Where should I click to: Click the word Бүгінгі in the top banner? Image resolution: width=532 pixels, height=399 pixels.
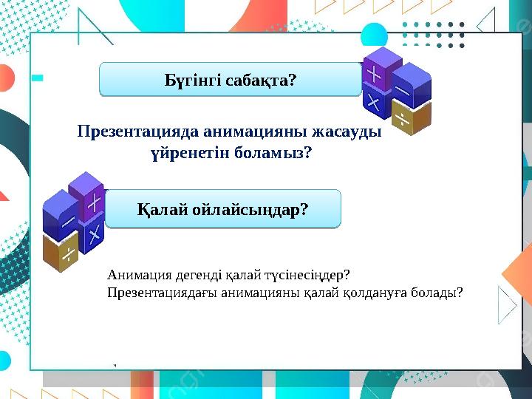point(190,80)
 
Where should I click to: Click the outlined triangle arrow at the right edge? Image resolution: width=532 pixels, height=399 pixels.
point(508,304)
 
